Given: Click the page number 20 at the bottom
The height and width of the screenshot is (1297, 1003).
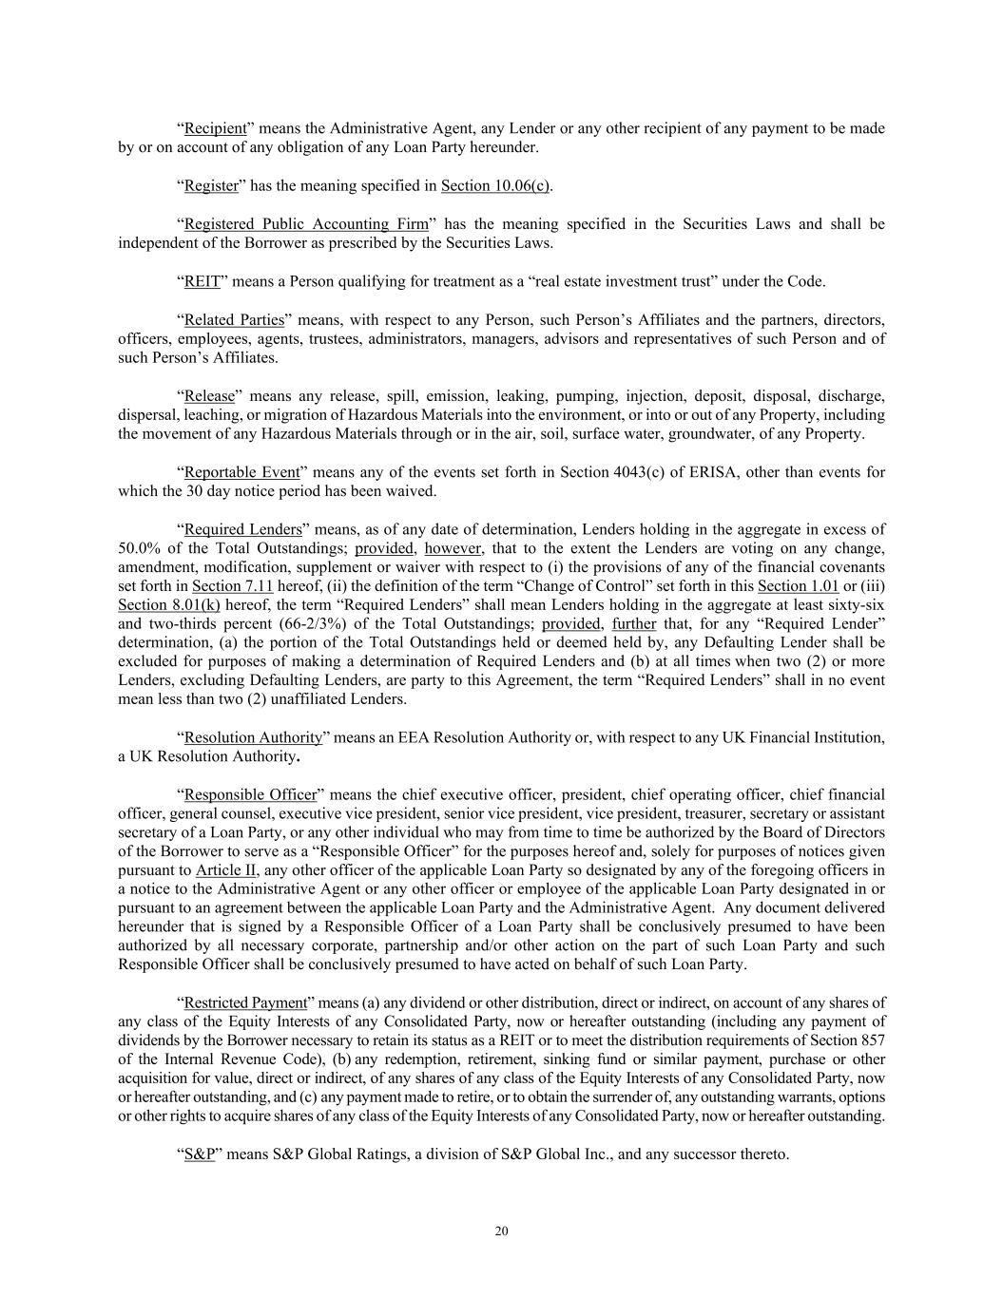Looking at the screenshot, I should pos(501,1231).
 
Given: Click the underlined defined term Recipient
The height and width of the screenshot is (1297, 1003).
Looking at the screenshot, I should pos(216,128).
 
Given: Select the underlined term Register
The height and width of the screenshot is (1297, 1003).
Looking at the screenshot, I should pos(211,185).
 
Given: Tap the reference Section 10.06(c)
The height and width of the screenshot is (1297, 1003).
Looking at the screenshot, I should pos(495,185).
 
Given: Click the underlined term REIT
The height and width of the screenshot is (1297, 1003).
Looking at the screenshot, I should pos(202,281).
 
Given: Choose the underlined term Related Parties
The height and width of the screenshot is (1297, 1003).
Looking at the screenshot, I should pos(234,319).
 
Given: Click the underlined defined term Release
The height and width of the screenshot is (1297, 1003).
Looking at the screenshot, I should pos(209,395).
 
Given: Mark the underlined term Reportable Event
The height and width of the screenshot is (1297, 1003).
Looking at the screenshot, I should pos(241,472).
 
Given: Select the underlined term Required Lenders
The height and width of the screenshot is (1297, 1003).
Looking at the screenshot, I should pos(242,529).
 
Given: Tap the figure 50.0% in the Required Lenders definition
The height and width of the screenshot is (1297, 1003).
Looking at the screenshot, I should pos(139,548).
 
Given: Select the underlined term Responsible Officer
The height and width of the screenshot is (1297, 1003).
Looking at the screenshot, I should pos(250,794).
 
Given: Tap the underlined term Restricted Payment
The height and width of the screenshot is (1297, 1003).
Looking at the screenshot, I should pos(245,1002).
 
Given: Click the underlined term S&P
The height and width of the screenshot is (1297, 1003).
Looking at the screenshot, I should pos(199,1154).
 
